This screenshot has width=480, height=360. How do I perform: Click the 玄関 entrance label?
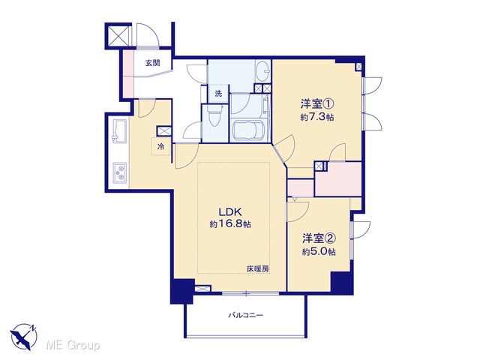coord(152,63)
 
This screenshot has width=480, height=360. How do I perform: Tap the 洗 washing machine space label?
coord(218,93)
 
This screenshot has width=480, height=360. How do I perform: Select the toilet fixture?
coord(214,115)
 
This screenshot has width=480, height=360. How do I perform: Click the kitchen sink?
coord(120,130)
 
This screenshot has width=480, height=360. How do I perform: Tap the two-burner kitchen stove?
coord(120,172)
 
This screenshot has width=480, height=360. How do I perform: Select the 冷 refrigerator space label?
coord(160,146)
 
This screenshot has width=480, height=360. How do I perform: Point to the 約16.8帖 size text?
coord(230,224)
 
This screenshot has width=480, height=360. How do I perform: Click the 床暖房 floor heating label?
coord(258,269)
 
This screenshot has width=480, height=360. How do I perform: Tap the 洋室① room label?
coord(316,104)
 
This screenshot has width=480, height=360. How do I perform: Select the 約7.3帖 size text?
coord(316,117)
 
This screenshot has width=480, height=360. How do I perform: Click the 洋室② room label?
coord(319,238)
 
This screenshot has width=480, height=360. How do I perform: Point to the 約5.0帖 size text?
coord(319,252)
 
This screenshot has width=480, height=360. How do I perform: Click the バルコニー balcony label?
coord(245,315)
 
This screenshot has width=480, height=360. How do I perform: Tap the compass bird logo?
coord(23,337)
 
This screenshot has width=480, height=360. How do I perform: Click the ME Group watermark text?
coord(73,346)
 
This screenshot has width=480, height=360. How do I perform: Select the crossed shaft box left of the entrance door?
coord(118,35)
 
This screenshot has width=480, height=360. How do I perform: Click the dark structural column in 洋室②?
coord(342,283)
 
